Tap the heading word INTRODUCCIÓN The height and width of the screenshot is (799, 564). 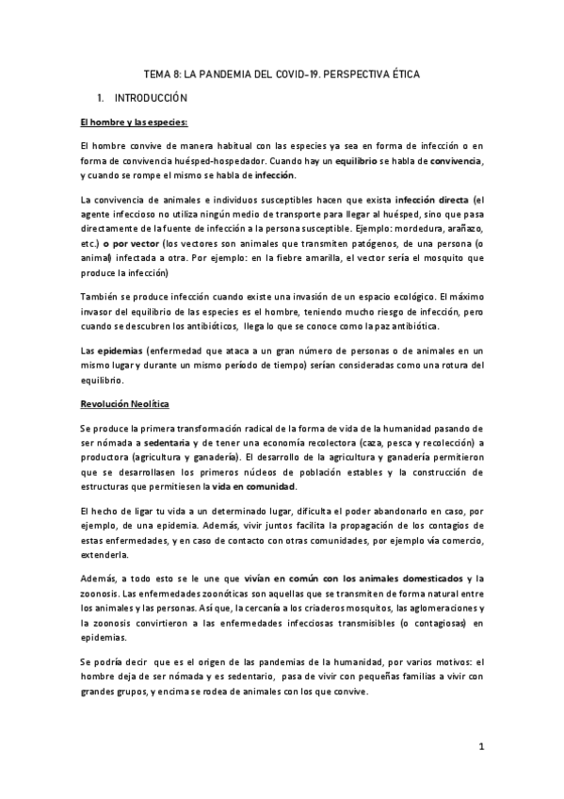point(151,98)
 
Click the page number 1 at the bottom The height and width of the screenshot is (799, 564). point(480,748)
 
